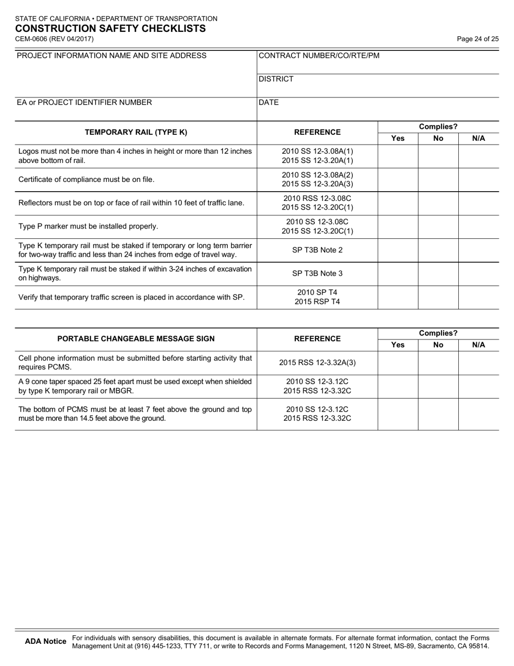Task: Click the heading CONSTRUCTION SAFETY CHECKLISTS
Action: tap(110, 29)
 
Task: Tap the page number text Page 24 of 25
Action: tap(478, 39)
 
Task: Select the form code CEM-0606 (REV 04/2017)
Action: tap(54, 39)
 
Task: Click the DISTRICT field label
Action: tap(276, 79)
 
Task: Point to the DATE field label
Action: tap(269, 102)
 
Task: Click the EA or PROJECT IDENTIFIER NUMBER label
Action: tap(84, 102)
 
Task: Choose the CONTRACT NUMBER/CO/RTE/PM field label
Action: tap(319, 56)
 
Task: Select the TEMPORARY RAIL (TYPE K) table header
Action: tap(136, 132)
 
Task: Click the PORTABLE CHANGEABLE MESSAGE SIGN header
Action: tap(136, 339)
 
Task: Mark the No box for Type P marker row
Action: tap(438, 226)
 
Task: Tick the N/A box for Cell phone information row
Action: tap(479, 363)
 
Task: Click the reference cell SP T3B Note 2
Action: tap(317, 250)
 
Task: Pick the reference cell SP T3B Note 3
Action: tap(317, 273)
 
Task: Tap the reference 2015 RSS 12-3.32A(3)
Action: tap(317, 363)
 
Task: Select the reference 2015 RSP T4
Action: tap(317, 302)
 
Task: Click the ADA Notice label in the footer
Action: tap(46, 642)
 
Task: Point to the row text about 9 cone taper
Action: tap(135, 386)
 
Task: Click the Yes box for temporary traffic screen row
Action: tap(398, 297)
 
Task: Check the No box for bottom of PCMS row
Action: tap(438, 414)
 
